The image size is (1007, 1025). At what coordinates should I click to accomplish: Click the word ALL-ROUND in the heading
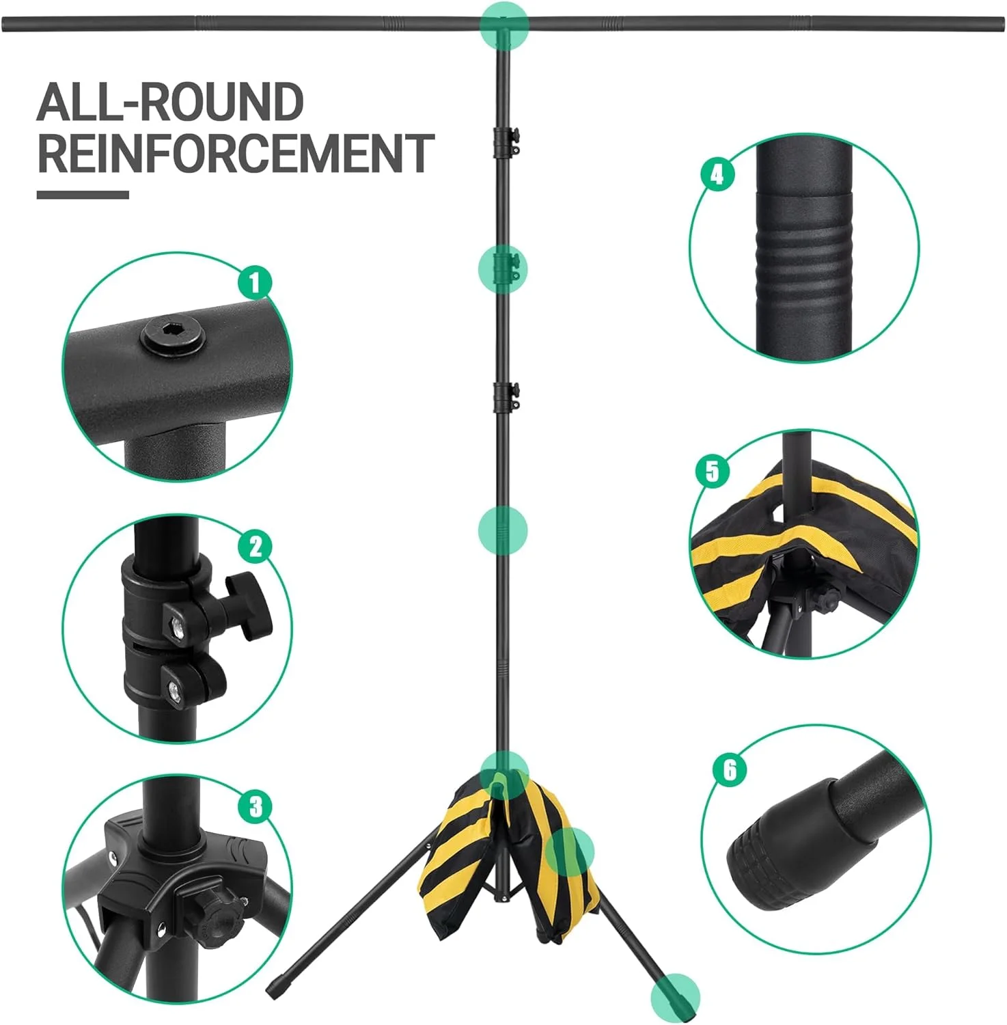coord(170,102)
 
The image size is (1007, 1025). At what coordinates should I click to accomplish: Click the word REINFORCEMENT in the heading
coord(236,154)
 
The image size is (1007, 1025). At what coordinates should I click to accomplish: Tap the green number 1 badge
coord(255,282)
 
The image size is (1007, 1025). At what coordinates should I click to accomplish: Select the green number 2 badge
coord(256,547)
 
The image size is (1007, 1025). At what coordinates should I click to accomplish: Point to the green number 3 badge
coord(256,807)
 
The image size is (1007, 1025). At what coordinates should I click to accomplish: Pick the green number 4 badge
coord(717,175)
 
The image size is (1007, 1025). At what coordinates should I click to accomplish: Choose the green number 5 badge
coord(712,471)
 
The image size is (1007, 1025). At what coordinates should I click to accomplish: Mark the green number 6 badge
coord(730,770)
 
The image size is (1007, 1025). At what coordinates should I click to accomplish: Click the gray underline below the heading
coord(83,195)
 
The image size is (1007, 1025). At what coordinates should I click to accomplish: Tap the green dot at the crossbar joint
coord(504,23)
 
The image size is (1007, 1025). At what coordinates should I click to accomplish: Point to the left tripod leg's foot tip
coord(273,992)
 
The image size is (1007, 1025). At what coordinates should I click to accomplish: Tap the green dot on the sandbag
coord(569,851)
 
